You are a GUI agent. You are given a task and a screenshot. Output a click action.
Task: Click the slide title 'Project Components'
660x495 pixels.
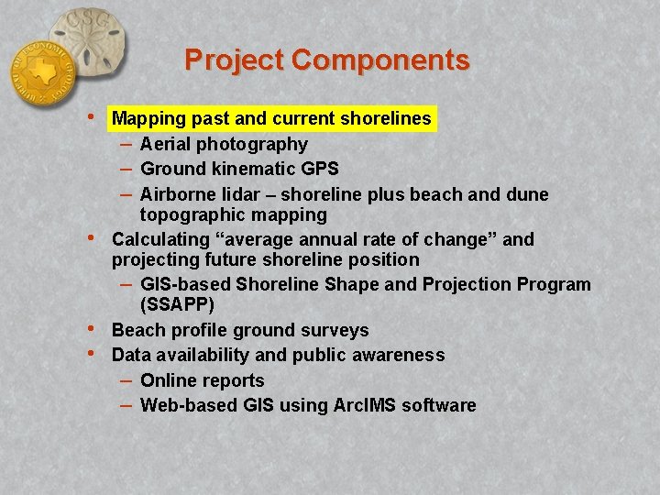point(327,60)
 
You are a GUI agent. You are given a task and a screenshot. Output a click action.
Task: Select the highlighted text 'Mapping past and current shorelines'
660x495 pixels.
point(271,118)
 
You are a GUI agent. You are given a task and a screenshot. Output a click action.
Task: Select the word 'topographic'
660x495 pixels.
point(187,214)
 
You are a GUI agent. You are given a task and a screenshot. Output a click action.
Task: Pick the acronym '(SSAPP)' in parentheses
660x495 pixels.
point(177,304)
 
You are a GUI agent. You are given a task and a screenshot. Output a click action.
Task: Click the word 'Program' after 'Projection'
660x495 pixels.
point(554,284)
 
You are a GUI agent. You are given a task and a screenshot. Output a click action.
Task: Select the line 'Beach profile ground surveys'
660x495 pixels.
point(240,330)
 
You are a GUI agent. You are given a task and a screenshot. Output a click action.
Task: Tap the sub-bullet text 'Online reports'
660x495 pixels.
point(202,380)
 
